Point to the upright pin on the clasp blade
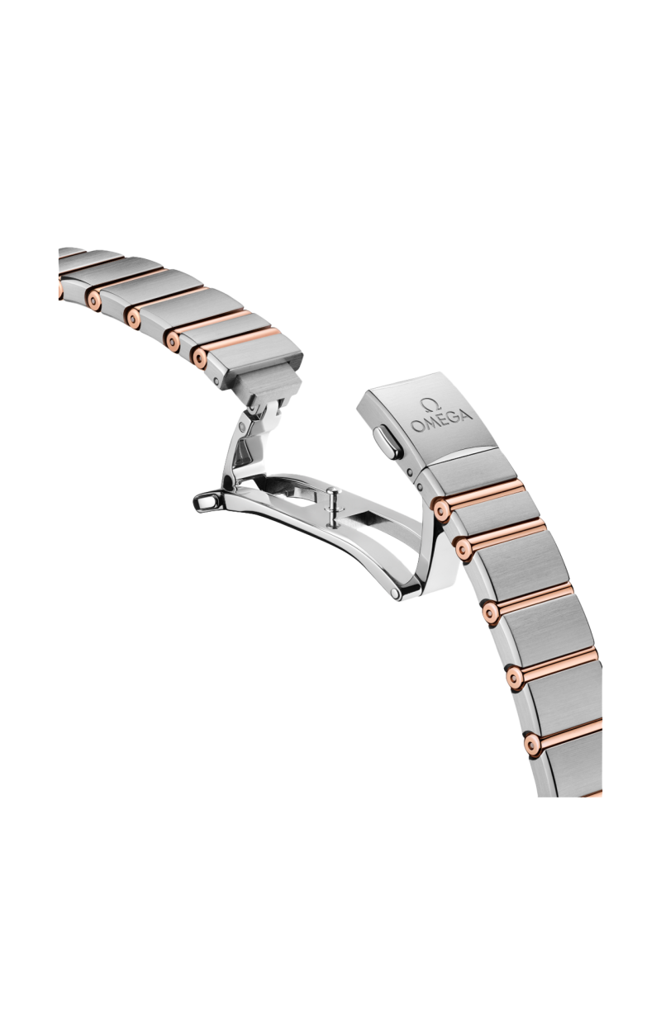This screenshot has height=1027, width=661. pos(332,504)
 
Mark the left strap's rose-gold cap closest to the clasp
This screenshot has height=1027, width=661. pos(198,355)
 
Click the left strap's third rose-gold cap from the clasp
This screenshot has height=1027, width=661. pos(131,315)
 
